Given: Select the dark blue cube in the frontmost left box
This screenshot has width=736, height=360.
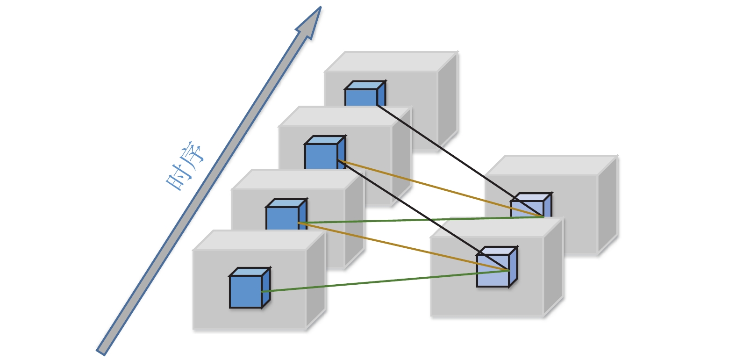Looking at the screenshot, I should [246, 291].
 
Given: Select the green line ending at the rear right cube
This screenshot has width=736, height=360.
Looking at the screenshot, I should [421, 220].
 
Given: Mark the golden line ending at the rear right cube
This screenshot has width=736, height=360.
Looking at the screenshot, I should [439, 188].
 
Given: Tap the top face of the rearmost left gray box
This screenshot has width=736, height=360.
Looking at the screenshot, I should [392, 61].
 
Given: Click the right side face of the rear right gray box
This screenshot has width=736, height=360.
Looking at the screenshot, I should [608, 206].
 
